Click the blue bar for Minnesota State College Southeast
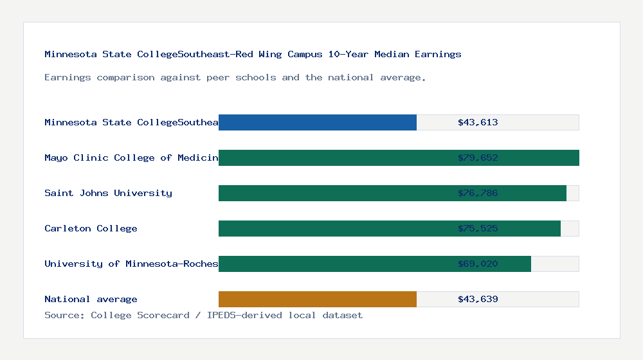318,122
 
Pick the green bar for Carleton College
334,228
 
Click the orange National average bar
318,299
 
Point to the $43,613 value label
478,122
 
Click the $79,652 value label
478,157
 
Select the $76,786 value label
478,193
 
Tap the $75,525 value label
478,228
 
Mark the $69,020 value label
478,264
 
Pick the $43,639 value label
478,299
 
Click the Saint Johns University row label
108,193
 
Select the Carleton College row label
91,228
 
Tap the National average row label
91,299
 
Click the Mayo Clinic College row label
131,157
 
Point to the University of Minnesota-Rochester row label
131,264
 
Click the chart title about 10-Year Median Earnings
253,54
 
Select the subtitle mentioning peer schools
235,77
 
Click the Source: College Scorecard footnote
203,315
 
